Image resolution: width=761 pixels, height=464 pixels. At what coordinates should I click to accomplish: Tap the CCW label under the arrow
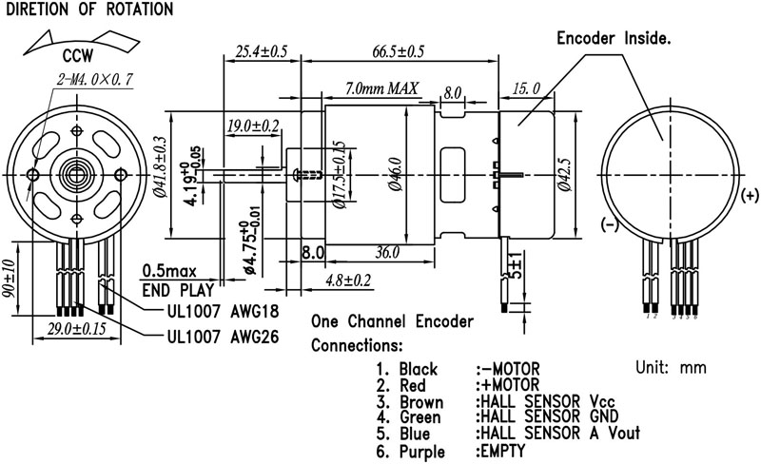pos(78,54)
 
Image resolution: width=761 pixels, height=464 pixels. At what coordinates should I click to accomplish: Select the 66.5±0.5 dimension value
pos(396,50)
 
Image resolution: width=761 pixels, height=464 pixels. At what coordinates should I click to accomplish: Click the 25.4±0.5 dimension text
pos(261,50)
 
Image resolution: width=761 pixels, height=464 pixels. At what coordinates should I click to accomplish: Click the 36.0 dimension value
pos(386,253)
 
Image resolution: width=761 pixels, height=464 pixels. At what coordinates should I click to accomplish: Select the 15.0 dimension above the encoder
pos(526,88)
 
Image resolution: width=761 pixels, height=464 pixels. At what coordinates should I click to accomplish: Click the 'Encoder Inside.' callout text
pos(614,39)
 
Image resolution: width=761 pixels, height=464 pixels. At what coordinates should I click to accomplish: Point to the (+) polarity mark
pos(749,196)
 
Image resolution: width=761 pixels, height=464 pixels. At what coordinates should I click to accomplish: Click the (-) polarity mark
pos(609,224)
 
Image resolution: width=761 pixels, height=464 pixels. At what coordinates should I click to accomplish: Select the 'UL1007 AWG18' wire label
pos(223,311)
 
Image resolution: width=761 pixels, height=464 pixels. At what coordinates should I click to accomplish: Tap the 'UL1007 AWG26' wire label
pos(223,336)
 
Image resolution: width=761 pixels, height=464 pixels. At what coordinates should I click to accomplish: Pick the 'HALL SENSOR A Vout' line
pos(556,433)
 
